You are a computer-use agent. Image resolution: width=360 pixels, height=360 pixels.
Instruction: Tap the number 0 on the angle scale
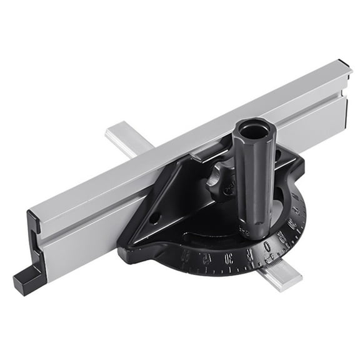tap(267, 246)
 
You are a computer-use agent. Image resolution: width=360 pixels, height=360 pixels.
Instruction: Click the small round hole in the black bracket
tap(154, 219)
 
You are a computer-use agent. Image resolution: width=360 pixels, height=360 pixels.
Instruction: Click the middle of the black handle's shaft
tap(254, 181)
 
